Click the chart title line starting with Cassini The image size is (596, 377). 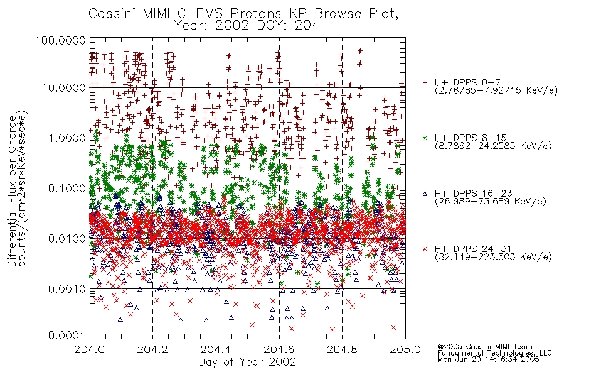[x=243, y=14]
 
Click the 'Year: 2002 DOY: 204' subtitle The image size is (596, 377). [x=247, y=25]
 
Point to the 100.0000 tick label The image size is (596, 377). [x=60, y=40]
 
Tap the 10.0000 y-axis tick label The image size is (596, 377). [x=64, y=88]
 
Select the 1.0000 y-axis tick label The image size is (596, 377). [x=67, y=138]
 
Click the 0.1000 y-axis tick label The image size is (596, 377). [x=67, y=188]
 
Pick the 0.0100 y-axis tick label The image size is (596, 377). [x=67, y=239]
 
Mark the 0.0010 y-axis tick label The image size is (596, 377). [x=67, y=289]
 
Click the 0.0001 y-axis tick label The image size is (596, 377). [x=67, y=336]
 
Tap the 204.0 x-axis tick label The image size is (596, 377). [x=90, y=349]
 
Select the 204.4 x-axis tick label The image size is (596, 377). [x=216, y=349]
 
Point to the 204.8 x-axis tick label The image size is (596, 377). [x=342, y=349]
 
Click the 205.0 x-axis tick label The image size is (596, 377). [x=405, y=349]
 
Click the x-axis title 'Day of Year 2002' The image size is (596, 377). [x=247, y=362]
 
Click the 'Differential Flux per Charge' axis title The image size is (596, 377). [x=12, y=191]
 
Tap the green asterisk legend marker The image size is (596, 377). [x=425, y=138]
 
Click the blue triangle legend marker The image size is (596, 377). [x=425, y=194]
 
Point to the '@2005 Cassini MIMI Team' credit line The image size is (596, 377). [x=484, y=347]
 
